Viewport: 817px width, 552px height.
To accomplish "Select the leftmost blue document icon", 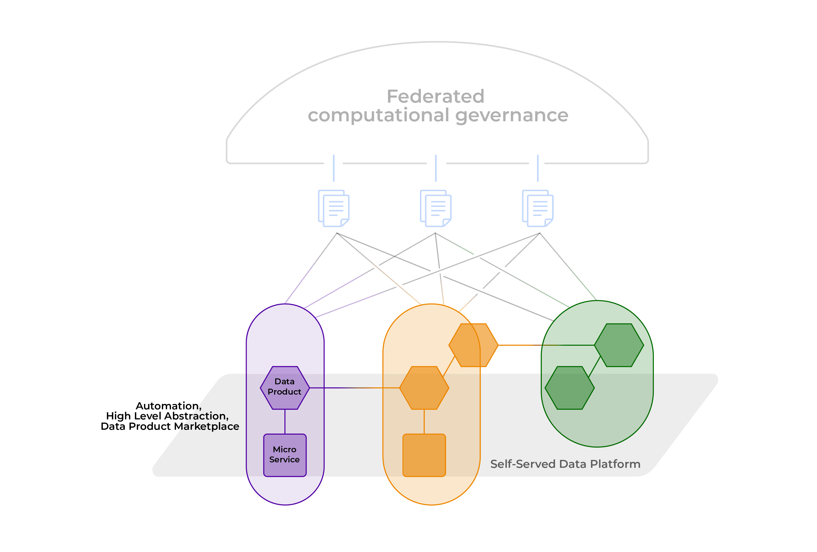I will pyautogui.click(x=334, y=208).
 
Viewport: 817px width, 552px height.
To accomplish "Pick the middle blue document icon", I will pyautogui.click(x=436, y=208).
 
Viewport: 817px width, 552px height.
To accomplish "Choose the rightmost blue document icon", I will pyautogui.click(x=538, y=208).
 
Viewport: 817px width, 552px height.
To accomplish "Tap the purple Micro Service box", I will pyautogui.click(x=285, y=455).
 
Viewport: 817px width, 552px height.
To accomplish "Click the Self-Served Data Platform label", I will pyautogui.click(x=565, y=464).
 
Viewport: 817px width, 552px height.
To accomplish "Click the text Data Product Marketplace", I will pyautogui.click(x=170, y=426).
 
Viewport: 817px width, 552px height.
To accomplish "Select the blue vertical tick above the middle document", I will pyautogui.click(x=436, y=168).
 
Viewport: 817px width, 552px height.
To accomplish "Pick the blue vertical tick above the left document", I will pyautogui.click(x=334, y=168).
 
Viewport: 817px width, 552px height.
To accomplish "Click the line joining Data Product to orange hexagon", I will pyautogui.click(x=354, y=388).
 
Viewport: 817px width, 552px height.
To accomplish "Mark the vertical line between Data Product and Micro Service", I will pyautogui.click(x=285, y=422).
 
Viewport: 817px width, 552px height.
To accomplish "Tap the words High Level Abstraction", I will pyautogui.click(x=167, y=416).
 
